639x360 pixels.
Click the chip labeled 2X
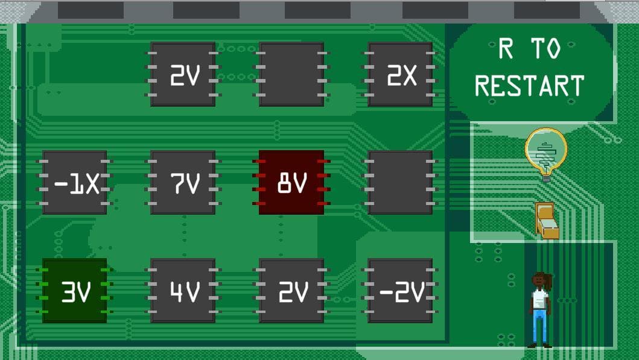(400, 75)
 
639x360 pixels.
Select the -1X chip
(75, 183)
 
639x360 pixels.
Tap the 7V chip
(183, 183)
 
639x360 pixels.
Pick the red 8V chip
(291, 183)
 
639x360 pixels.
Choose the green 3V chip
(75, 291)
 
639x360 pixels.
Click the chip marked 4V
(183, 291)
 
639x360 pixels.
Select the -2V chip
(400, 291)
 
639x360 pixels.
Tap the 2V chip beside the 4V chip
(291, 291)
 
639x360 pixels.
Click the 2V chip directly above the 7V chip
(183, 75)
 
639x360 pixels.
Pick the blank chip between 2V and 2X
(291, 75)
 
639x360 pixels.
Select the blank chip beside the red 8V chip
(400, 183)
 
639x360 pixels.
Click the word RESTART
(529, 86)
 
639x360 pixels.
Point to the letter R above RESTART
(506, 49)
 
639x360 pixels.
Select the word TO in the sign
(547, 49)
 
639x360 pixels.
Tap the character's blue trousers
(539, 326)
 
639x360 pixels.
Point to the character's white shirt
(539, 299)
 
